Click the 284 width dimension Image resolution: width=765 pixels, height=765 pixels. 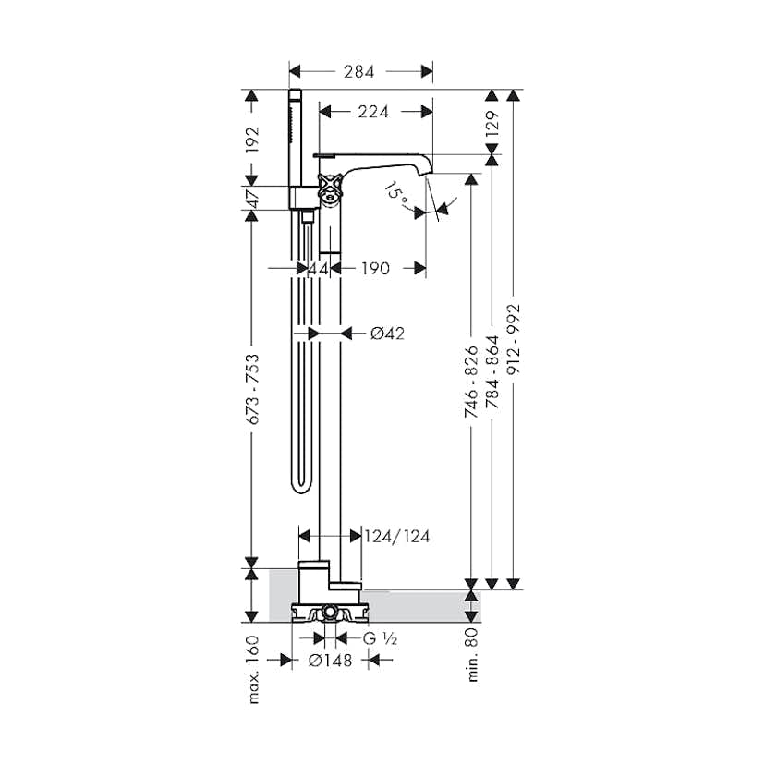coord(358,72)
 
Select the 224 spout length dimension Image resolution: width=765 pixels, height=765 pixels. coord(373,112)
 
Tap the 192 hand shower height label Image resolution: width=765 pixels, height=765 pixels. coord(252,140)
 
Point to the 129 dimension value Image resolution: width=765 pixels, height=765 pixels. coord(492,124)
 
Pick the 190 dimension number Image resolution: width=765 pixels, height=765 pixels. coord(375,268)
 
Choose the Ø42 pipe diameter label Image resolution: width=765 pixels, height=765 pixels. coord(387,334)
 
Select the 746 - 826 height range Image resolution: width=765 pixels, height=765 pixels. coord(471,382)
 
